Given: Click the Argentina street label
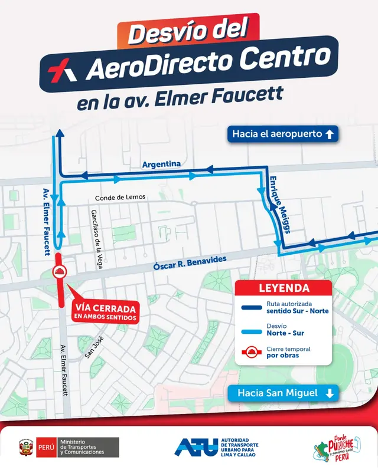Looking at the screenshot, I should pyautogui.click(x=161, y=165).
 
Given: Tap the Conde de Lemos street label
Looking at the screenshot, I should pyautogui.click(x=120, y=197).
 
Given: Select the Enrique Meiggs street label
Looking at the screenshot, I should pyautogui.click(x=278, y=203).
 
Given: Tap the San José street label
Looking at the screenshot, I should pyautogui.click(x=93, y=348).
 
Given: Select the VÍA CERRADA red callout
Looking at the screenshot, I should pyautogui.click(x=106, y=313).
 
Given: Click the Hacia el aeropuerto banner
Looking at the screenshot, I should pyautogui.click(x=283, y=134).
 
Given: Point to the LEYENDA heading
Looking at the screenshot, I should pyautogui.click(x=284, y=288).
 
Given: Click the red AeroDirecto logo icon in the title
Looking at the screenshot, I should pyautogui.click(x=63, y=70).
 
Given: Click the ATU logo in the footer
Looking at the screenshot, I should pyautogui.click(x=194, y=447).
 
